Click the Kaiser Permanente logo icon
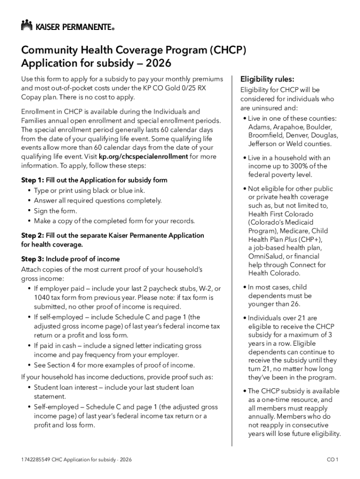(27, 25)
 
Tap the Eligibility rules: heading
(267, 79)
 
